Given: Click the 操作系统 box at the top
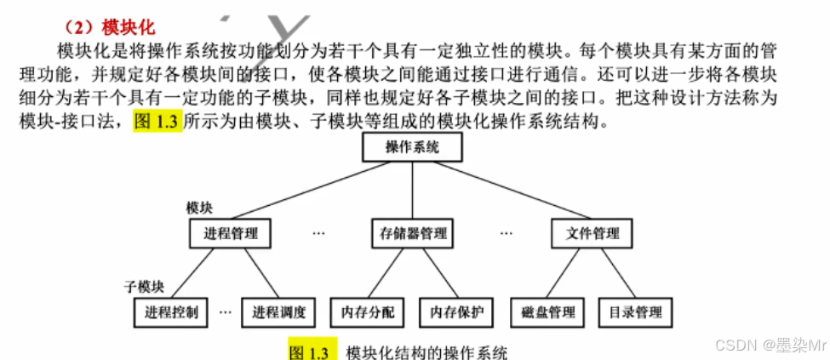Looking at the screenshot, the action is click(412, 148).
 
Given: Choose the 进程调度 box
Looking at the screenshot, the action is click(278, 312).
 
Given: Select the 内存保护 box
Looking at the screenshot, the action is click(456, 312).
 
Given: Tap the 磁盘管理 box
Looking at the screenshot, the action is click(547, 312).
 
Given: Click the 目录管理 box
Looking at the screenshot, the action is click(635, 312).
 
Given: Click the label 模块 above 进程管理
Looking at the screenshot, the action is click(199, 208).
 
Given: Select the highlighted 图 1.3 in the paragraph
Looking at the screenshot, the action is click(157, 121).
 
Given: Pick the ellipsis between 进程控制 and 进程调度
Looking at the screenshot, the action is click(225, 312).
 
